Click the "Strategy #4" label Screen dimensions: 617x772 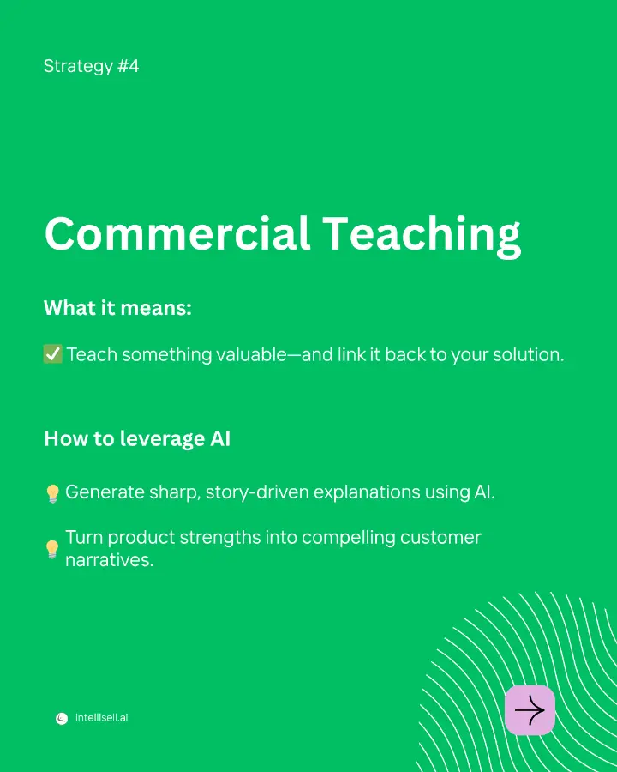pyautogui.click(x=91, y=66)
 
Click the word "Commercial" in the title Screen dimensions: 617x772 pyautogui.click(x=177, y=233)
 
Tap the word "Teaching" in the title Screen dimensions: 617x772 pyautogui.click(x=422, y=235)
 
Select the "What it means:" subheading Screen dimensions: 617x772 pyautogui.click(x=117, y=308)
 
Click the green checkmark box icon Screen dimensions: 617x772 pyautogui.click(x=52, y=354)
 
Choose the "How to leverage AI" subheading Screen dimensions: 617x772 pyautogui.click(x=137, y=438)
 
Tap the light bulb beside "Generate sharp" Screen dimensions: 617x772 pyautogui.click(x=52, y=493)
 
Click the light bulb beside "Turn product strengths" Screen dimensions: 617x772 pyautogui.click(x=52, y=549)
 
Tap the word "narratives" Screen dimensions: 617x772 pyautogui.click(x=109, y=560)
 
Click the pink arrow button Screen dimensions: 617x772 pyautogui.click(x=530, y=710)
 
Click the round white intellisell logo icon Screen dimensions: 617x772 pyautogui.click(x=62, y=718)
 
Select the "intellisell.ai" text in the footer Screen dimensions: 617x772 pyautogui.click(x=101, y=718)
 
